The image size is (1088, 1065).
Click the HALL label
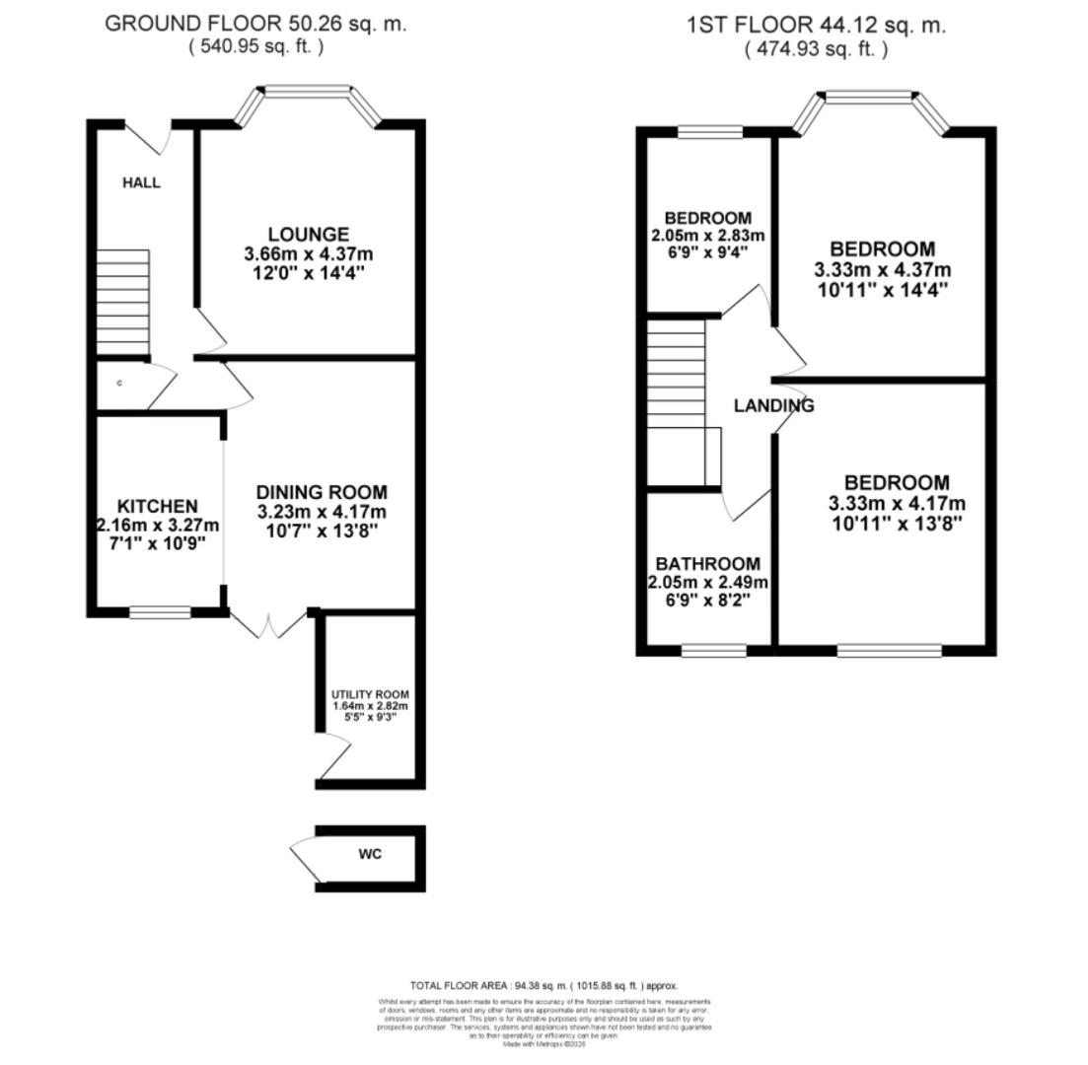click(x=141, y=182)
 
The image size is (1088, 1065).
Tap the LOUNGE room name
click(x=309, y=235)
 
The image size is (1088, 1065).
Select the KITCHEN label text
click(x=158, y=506)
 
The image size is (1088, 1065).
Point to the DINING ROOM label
click(x=322, y=492)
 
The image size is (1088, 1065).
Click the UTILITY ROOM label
click(x=370, y=694)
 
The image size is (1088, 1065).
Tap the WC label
click(x=370, y=853)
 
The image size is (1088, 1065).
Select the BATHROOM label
click(x=707, y=564)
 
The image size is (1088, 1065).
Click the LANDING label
click(x=773, y=405)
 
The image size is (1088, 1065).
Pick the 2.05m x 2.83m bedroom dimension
click(x=707, y=236)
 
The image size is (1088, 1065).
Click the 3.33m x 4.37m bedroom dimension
click(x=882, y=270)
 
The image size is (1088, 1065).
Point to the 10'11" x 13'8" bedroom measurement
click(x=897, y=523)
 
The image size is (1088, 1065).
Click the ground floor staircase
click(x=123, y=302)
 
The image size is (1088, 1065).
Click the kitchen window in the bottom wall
click(x=160, y=612)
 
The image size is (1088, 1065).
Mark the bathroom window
click(x=714, y=651)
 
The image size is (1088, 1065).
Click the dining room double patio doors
click(x=268, y=623)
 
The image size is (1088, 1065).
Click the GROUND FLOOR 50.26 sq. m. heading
click(x=255, y=25)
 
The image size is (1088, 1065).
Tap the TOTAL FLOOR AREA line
click(x=544, y=985)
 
